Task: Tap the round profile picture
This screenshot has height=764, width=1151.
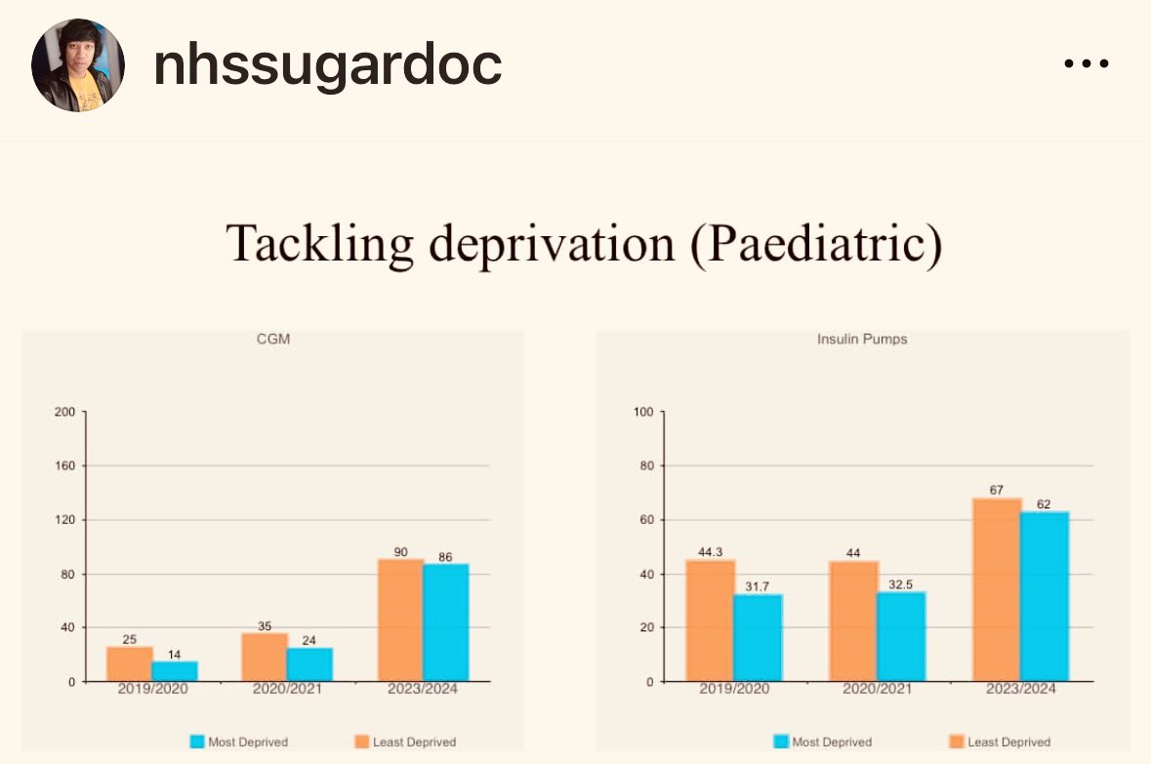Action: click(78, 65)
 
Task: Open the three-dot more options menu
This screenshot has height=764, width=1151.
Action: click(1087, 63)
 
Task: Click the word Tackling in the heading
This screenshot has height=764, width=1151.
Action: click(319, 244)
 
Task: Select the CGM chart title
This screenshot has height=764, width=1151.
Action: click(273, 339)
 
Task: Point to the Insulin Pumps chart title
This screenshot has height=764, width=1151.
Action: click(862, 339)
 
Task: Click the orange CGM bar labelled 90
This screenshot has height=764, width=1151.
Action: click(401, 621)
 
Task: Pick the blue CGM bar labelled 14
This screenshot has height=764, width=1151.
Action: click(175, 671)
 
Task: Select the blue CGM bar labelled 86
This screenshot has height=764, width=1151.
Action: click(445, 623)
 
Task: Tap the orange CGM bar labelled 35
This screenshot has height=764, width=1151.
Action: click(265, 658)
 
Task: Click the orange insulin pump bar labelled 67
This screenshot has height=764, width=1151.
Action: click(997, 590)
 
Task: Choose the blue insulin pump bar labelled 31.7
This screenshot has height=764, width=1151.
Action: click(759, 638)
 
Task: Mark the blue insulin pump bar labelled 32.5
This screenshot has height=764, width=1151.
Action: click(901, 636)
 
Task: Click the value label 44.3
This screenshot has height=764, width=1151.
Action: click(710, 552)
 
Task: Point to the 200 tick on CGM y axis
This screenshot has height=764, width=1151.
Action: click(64, 412)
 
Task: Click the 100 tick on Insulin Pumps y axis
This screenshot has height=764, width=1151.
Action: click(643, 412)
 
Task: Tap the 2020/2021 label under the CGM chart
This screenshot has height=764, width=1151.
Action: click(287, 689)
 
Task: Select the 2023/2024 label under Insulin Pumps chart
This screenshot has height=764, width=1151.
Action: click(1020, 689)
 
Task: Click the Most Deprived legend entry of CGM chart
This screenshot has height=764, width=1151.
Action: click(239, 742)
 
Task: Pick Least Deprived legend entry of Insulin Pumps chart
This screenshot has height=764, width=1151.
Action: click(1000, 742)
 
